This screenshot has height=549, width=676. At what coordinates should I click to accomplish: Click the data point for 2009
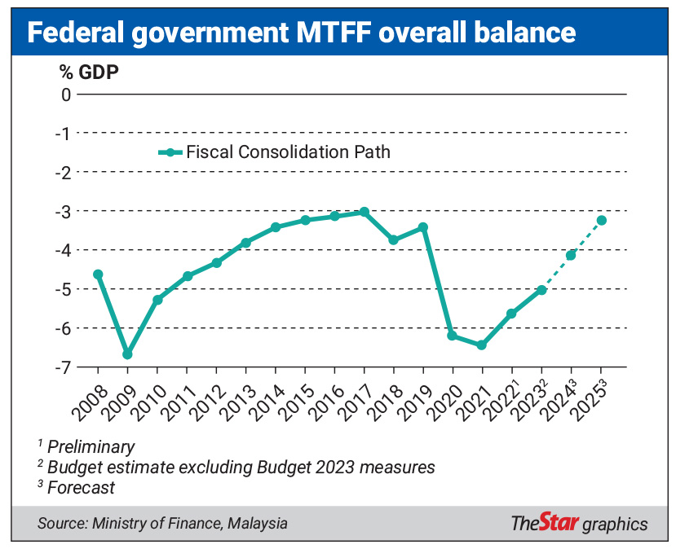[x=127, y=354]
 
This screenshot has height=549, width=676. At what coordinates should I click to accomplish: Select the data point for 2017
[x=365, y=212]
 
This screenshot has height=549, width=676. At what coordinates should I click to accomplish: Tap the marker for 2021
[x=482, y=345]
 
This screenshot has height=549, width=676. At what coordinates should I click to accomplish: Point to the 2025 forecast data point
[x=601, y=220]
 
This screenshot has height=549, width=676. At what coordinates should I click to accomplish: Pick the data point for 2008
[x=98, y=274]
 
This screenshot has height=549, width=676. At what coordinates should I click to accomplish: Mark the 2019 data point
[x=423, y=227]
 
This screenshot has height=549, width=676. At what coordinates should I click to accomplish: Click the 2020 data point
[x=453, y=336]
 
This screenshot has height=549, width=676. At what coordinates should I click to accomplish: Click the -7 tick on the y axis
[x=62, y=367]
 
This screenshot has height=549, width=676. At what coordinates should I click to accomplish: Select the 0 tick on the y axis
[x=66, y=94]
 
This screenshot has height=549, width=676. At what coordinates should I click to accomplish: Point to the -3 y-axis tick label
[x=62, y=211]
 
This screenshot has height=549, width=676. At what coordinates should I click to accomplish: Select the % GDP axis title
[x=88, y=71]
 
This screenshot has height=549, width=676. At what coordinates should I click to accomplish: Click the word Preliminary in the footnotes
[x=91, y=446]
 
